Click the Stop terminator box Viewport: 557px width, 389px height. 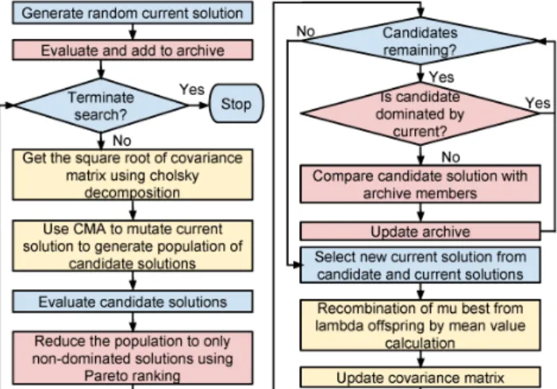[x=236, y=104]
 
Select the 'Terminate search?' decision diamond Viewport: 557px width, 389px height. [x=101, y=105]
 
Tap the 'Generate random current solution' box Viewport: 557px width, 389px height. [x=133, y=13]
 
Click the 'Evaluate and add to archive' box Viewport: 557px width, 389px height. [x=133, y=50]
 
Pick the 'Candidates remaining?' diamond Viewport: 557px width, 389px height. [x=421, y=40]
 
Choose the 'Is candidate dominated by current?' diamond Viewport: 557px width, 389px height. [x=421, y=113]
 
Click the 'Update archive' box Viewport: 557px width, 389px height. [x=421, y=231]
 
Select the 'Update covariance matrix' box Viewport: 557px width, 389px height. [x=421, y=378]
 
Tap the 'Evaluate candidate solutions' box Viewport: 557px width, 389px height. [x=133, y=302]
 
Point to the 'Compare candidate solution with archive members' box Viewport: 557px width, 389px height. [x=421, y=184]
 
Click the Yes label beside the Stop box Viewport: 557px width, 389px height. [x=192, y=90]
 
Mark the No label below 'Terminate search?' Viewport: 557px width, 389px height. [x=122, y=141]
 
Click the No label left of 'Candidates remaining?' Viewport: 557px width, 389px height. [x=305, y=32]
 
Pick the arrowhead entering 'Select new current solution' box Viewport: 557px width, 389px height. [x=298, y=265]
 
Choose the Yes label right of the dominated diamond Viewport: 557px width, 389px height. [x=538, y=103]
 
